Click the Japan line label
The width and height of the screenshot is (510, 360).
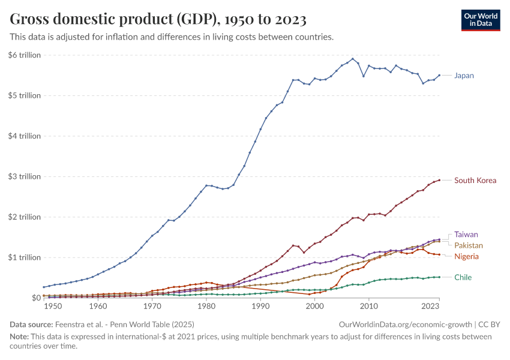tap(464, 76)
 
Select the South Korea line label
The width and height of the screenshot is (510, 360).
tap(475, 180)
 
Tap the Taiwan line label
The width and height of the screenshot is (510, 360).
tap(466, 235)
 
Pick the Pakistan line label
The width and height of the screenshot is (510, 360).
tap(469, 245)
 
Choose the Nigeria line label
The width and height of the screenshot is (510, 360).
tap(466, 256)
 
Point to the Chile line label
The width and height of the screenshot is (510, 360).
tap(463, 277)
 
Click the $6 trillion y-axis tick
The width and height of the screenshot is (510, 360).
tap(25, 55)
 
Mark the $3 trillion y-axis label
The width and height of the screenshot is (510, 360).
tap(25, 176)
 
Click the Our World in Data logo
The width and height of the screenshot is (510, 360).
tap(481, 20)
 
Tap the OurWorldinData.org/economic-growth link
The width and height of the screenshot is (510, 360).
tap(406, 324)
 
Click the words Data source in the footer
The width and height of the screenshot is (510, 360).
tap(31, 324)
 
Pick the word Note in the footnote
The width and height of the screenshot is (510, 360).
tap(19, 337)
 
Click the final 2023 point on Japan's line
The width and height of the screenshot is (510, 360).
tap(439, 75)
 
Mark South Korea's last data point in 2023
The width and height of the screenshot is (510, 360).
tap(439, 180)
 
